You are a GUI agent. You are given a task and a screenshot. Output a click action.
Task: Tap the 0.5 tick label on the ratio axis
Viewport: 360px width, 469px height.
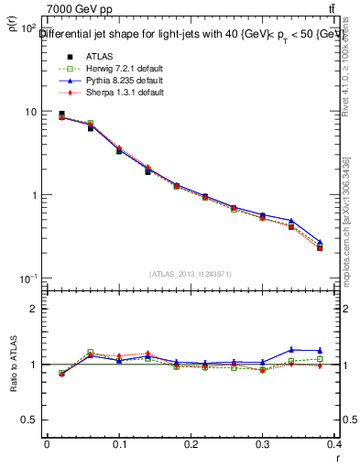click(x=29, y=420)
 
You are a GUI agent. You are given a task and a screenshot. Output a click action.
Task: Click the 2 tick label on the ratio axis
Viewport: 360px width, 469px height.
click(x=34, y=309)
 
